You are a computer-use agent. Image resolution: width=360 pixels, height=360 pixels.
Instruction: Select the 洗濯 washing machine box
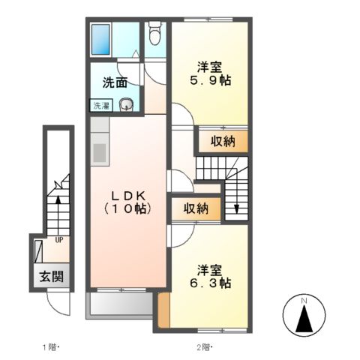(100, 106)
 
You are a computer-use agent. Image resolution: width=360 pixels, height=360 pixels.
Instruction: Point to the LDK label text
(127, 193)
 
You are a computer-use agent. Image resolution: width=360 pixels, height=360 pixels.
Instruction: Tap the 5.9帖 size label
(209, 79)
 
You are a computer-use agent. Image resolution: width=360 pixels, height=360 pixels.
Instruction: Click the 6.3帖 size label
(213, 283)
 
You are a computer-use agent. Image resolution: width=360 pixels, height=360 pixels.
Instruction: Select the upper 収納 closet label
(223, 139)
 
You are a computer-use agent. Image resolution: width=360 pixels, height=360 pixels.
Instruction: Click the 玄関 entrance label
(51, 276)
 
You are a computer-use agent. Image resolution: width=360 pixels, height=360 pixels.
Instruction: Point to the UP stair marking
(57, 241)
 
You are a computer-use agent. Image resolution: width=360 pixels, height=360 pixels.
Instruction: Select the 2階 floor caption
(203, 347)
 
